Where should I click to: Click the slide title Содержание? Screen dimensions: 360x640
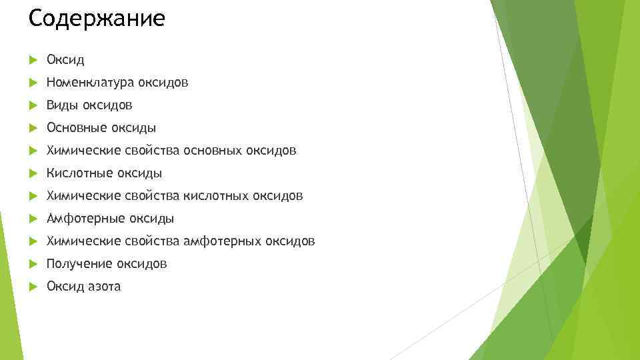[x=97, y=19]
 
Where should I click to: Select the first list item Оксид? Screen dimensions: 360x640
[x=65, y=60]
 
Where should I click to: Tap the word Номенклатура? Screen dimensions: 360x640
[x=91, y=83]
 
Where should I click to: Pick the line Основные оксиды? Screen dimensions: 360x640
[x=101, y=128]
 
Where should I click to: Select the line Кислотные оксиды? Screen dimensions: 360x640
[x=104, y=173]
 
